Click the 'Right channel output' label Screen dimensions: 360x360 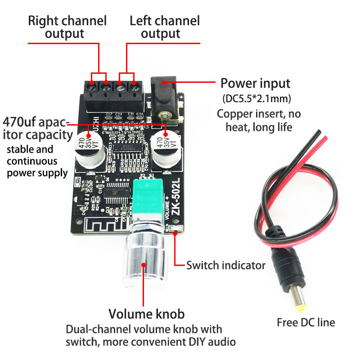(67, 27)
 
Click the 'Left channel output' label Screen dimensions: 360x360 (165, 27)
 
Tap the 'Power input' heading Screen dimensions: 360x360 (255, 83)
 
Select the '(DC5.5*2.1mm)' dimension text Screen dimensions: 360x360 (255, 98)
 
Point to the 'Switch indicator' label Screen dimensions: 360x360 (226, 265)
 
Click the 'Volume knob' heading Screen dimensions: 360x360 (147, 314)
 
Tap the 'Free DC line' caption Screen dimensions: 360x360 (306, 322)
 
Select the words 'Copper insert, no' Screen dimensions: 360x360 (259, 113)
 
